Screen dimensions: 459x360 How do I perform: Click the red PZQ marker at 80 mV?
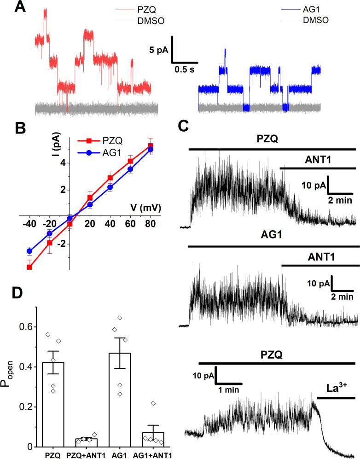click(x=150, y=146)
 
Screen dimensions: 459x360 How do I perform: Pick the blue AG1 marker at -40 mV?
click(x=30, y=251)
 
